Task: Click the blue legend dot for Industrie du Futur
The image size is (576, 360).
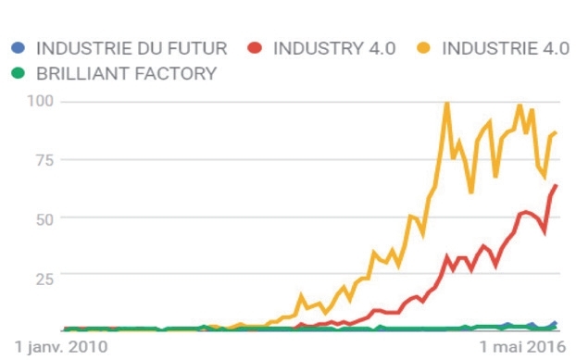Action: (18, 48)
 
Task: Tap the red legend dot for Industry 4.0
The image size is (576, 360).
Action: (255, 48)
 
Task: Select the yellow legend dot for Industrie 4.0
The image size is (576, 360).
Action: (423, 48)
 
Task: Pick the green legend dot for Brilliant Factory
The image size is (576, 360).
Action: (18, 73)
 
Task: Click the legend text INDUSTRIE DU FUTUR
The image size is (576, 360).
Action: (131, 48)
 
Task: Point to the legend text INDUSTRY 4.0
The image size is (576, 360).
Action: (334, 48)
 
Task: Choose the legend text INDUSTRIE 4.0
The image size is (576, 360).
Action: (506, 48)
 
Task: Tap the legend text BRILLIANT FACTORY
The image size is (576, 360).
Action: (126, 74)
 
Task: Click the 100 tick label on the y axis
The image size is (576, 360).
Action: (41, 101)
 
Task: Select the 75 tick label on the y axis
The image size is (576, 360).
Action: (44, 160)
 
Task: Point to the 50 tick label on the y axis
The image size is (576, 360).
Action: (44, 219)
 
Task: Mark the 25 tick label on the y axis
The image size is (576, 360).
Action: (44, 279)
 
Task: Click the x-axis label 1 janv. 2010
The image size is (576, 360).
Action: (61, 347)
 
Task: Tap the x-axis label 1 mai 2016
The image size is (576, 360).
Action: (522, 347)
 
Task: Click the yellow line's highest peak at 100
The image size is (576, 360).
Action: (447, 104)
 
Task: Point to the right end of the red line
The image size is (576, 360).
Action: (556, 186)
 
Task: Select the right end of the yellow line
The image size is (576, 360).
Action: (556, 133)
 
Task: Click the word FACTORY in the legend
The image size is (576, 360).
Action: (176, 74)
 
